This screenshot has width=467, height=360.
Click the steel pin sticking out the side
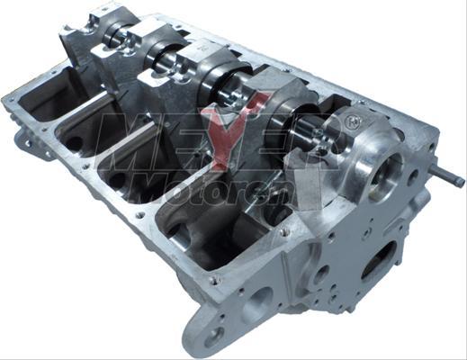[x=448, y=176]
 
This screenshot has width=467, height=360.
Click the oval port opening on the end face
[x=381, y=262]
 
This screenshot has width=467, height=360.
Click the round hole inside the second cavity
[x=74, y=143]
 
